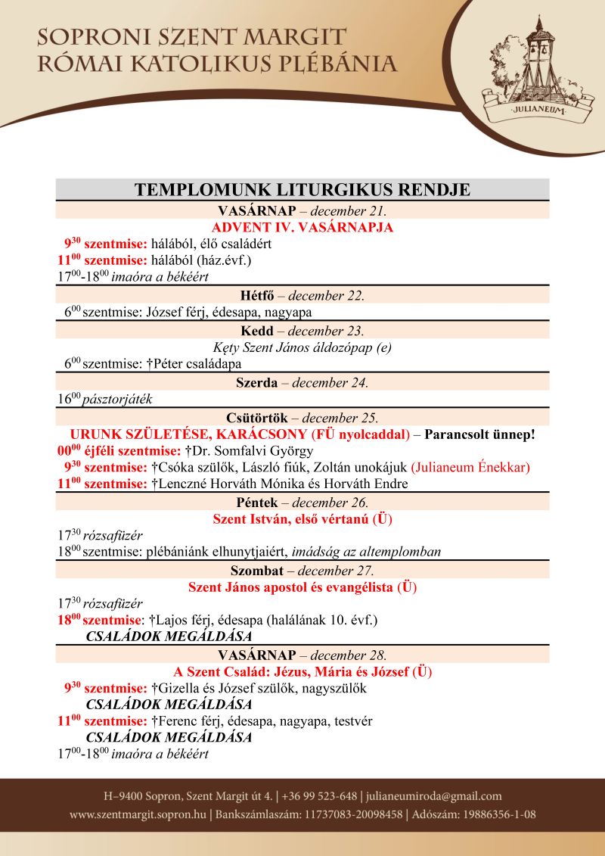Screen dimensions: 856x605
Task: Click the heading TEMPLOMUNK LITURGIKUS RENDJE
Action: [x=302, y=189]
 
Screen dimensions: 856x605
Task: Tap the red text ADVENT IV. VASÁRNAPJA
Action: [x=302, y=227]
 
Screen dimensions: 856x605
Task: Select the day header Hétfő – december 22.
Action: [x=302, y=295]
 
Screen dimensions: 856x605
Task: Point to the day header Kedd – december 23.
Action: [x=302, y=331]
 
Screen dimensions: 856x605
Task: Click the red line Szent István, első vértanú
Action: [x=302, y=519]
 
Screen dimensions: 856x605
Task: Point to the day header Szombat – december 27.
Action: [x=302, y=570]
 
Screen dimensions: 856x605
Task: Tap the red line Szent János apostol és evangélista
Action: [x=302, y=587]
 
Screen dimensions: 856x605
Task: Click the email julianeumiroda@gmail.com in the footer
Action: [x=435, y=796]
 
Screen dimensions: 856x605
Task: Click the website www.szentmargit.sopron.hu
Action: [x=138, y=815]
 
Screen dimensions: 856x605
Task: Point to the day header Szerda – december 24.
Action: [x=302, y=382]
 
